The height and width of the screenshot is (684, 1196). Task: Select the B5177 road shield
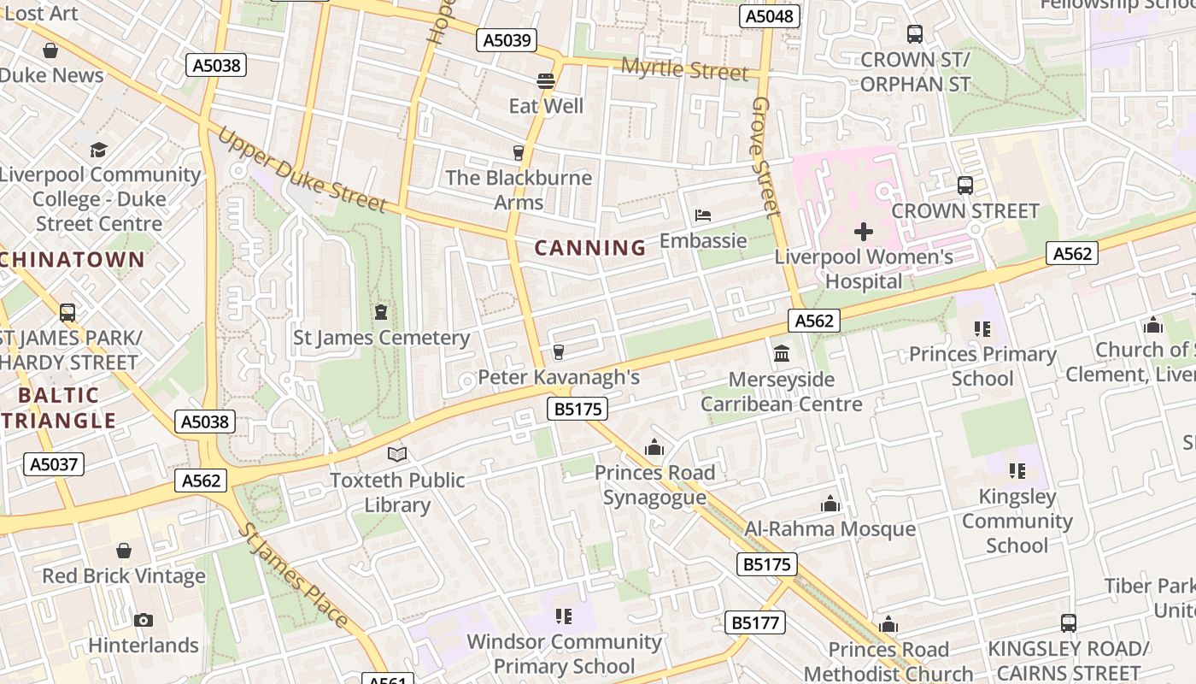755,622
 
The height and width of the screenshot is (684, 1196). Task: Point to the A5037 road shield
54,464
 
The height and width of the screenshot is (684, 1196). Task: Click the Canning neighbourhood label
590,248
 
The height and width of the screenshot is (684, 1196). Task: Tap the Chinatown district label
72,260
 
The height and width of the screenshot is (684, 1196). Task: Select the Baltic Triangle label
58,408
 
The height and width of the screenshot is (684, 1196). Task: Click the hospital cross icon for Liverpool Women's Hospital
864,231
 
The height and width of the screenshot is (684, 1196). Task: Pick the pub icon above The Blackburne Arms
518,153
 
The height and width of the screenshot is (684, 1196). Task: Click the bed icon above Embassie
703,215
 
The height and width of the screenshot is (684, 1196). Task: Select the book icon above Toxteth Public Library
397,454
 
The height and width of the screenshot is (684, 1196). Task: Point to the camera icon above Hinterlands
144,620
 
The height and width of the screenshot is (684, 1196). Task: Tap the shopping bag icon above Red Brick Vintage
124,551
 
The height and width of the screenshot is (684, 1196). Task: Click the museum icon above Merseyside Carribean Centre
781,353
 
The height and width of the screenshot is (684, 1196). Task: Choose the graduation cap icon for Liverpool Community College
99,150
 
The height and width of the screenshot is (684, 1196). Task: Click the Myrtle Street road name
684,70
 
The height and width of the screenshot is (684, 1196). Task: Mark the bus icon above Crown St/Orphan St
915,34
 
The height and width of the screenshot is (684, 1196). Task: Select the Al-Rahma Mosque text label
830,529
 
